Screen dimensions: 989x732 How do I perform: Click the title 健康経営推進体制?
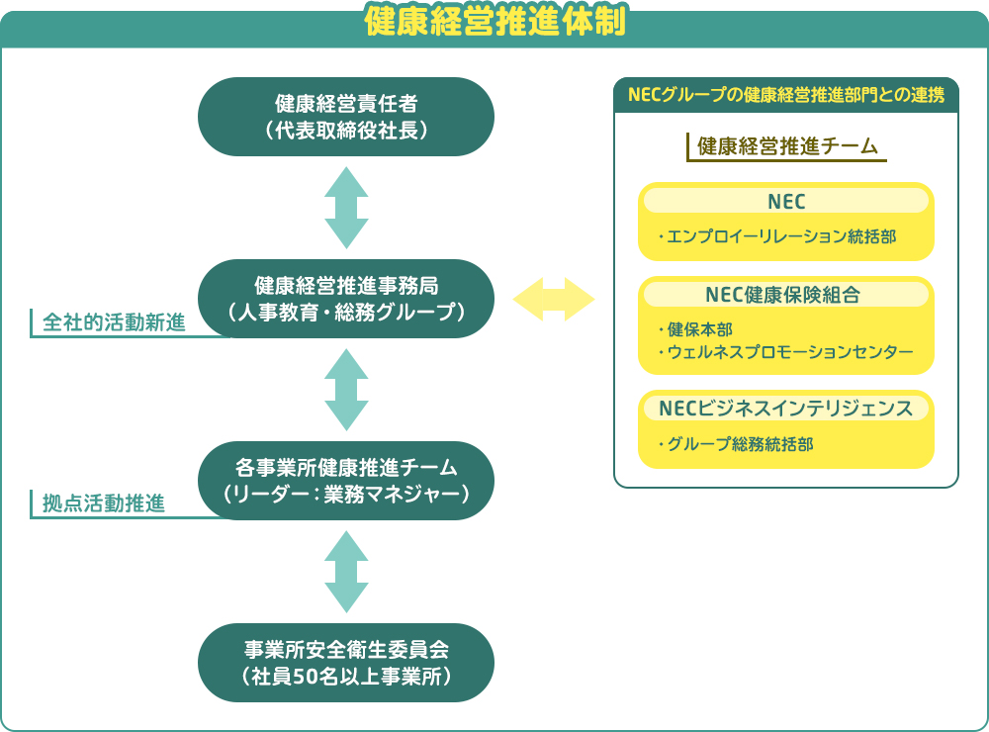point(494,22)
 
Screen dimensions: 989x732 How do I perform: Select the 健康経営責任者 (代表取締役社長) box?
point(346,117)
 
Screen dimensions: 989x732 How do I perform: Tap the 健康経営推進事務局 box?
point(346,299)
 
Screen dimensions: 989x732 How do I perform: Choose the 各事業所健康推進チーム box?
point(346,481)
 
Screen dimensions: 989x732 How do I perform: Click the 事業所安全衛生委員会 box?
point(346,663)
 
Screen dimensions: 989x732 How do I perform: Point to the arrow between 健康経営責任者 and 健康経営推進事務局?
point(346,208)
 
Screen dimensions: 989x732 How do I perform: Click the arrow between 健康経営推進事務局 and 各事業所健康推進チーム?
point(346,390)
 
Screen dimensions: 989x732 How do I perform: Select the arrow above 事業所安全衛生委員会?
point(346,572)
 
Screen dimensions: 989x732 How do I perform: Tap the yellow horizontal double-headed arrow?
point(554,299)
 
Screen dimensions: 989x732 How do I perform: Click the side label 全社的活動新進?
point(114,322)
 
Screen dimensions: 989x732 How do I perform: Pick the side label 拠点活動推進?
point(104,503)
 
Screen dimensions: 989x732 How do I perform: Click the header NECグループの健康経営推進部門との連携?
point(786,95)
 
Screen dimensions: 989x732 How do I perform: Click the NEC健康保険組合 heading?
point(782,295)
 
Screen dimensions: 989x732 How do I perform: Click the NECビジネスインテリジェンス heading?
point(786,409)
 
